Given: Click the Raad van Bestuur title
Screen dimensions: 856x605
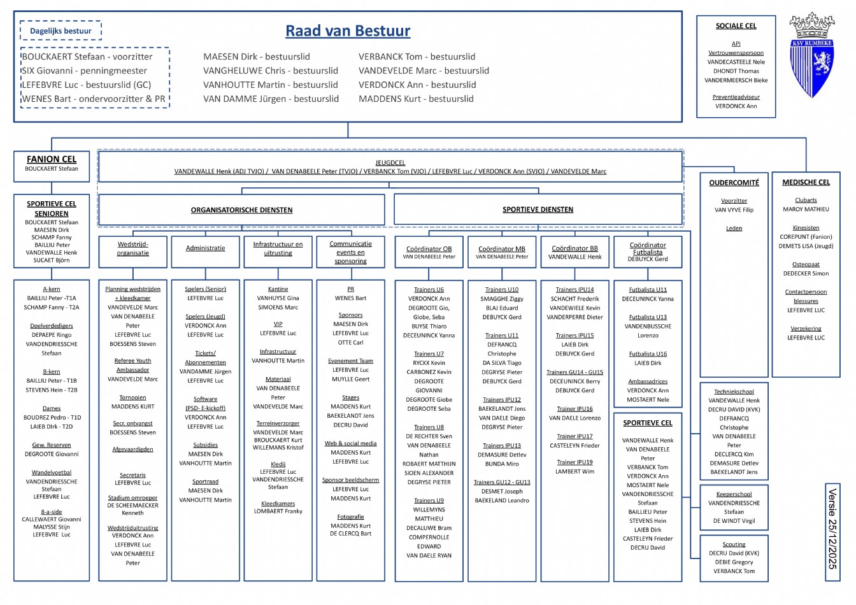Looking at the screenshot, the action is click(x=348, y=31).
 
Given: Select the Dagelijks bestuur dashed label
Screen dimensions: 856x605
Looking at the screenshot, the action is click(x=61, y=31).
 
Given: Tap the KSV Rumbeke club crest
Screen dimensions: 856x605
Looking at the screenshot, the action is click(x=811, y=55).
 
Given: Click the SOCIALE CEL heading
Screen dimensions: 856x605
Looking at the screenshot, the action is click(x=736, y=26).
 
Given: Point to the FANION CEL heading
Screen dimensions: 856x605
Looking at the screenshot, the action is click(x=52, y=159).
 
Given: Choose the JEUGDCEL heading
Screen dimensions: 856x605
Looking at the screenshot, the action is click(x=390, y=163).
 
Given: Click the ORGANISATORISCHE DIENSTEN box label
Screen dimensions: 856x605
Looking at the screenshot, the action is click(x=241, y=210).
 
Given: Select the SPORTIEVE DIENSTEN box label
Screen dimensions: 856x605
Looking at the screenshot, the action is click(x=538, y=210).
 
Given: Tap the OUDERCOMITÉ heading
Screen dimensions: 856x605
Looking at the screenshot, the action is click(x=734, y=183).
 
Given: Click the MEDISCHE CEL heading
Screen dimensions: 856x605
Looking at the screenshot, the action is click(x=806, y=182).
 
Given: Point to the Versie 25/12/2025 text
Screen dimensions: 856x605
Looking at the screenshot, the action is click(x=832, y=529).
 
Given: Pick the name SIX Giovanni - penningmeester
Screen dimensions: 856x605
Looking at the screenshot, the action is click(x=85, y=71).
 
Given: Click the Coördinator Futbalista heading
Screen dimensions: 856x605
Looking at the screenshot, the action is click(x=648, y=248).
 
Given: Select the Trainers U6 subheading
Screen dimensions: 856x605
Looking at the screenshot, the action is click(x=429, y=290).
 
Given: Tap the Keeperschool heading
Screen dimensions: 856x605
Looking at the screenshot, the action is click(x=734, y=494).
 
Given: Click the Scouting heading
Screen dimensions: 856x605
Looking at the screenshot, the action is click(x=734, y=544).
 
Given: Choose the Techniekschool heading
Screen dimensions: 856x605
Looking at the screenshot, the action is click(x=734, y=392).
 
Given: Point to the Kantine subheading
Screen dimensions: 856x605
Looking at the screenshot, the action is click(x=278, y=289).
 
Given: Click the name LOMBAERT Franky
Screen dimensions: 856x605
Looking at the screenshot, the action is click(x=278, y=511).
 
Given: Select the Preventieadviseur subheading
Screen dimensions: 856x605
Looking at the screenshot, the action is click(x=736, y=97).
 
